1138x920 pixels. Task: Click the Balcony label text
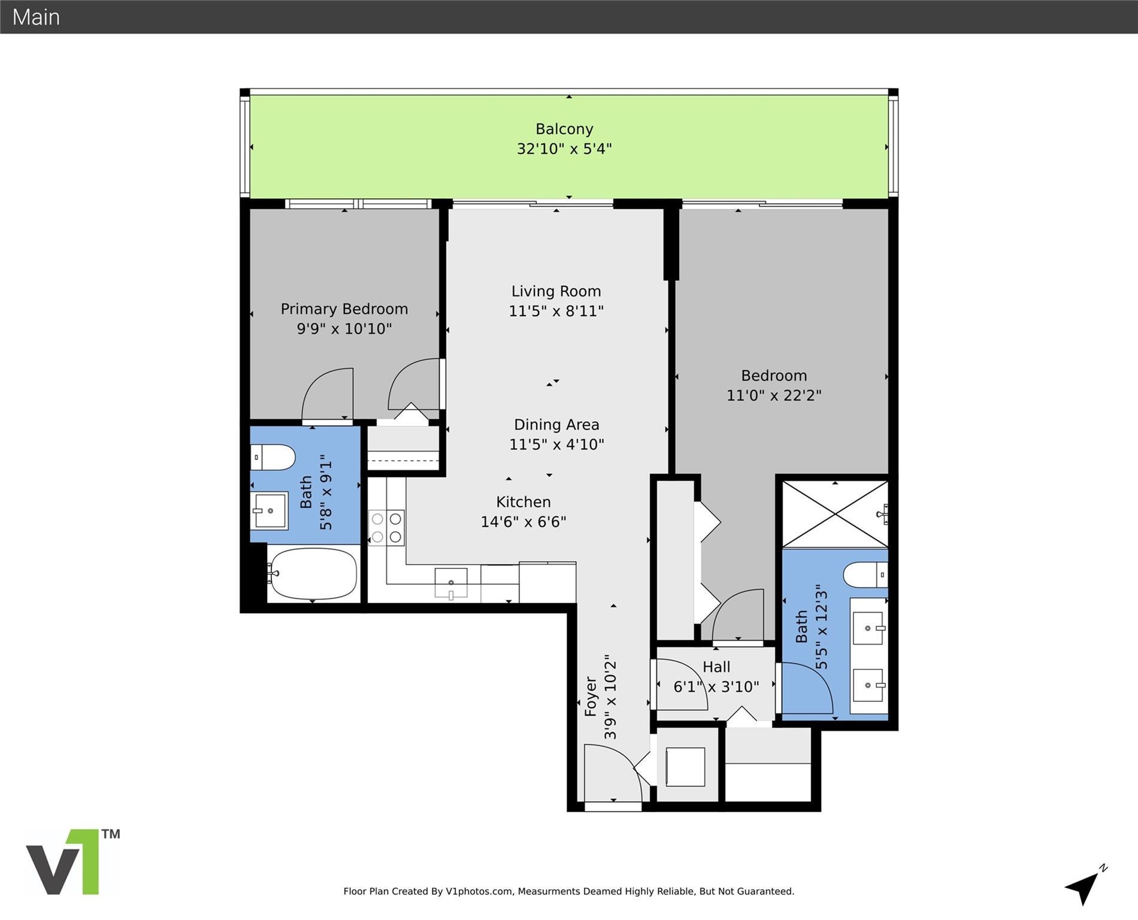click(x=564, y=129)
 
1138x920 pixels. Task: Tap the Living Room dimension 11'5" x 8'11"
click(x=556, y=311)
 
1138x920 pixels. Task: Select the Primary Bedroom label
click(x=344, y=309)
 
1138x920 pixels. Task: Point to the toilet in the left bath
click(x=273, y=458)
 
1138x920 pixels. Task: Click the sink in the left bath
click(x=270, y=510)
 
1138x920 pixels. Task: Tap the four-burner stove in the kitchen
click(x=386, y=528)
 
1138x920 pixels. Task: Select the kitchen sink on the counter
click(x=450, y=582)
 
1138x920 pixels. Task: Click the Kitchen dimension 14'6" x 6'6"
click(x=523, y=522)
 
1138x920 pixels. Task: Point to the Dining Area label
click(x=556, y=425)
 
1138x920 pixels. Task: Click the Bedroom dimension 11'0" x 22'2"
click(x=773, y=395)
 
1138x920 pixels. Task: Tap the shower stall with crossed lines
click(x=834, y=514)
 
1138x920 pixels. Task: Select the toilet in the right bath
click(x=865, y=575)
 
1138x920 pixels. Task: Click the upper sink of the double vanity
click(x=868, y=628)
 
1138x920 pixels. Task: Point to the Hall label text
click(x=716, y=667)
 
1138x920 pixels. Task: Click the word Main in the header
click(x=36, y=17)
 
